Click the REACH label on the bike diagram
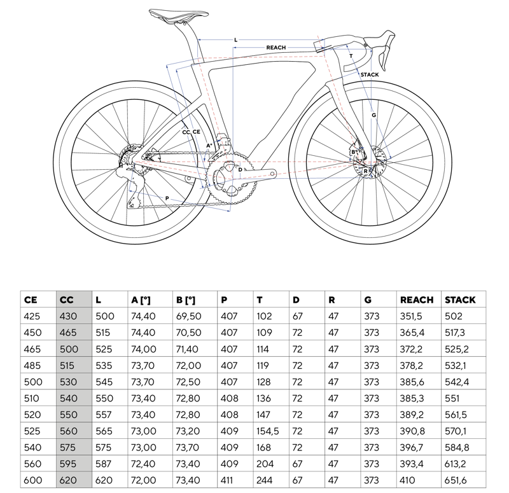point(275,48)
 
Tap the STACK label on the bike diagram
point(369,75)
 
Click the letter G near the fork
point(374,115)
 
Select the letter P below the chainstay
point(167,199)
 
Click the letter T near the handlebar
point(351,57)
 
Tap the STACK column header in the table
point(460,300)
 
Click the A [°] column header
point(141,300)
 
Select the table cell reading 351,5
point(410,316)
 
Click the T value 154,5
point(268,431)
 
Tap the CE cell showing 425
point(31,316)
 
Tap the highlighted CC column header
point(67,300)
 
